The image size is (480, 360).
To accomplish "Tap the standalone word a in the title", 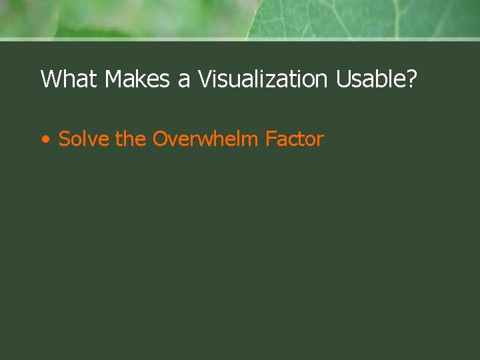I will [183, 81].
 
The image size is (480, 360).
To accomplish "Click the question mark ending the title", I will [412, 79].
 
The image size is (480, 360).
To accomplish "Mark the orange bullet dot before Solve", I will [45, 140].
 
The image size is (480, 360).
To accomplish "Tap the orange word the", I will [131, 139].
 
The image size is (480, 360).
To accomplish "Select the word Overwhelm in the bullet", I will [205, 139].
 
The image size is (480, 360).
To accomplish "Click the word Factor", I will [294, 139].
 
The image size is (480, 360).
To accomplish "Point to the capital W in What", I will [51, 79].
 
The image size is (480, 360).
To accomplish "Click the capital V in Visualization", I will [204, 79].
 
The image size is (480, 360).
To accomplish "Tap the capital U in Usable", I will [344, 79].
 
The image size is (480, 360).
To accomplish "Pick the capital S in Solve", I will [65, 139].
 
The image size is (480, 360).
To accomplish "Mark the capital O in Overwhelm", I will [161, 139].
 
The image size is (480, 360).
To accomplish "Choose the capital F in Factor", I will [271, 139].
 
